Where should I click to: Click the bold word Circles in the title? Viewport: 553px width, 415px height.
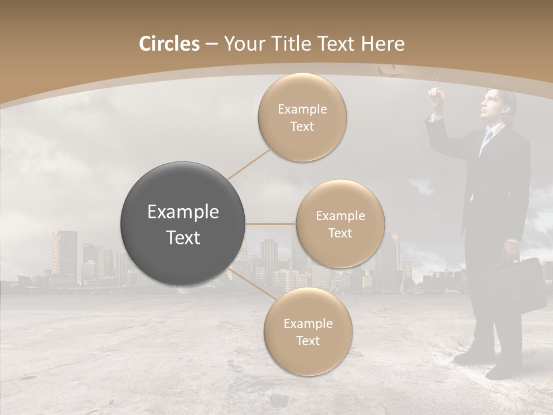pos(169,44)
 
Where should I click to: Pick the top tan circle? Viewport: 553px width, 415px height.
pos(302,118)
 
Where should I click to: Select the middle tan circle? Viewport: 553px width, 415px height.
pos(340,224)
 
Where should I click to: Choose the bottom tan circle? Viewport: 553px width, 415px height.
pos(308,332)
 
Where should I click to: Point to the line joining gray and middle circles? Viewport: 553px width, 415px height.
pos(271,224)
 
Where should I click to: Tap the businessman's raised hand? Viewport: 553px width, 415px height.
pos(437,92)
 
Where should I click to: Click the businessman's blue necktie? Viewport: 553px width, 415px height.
pos(486,139)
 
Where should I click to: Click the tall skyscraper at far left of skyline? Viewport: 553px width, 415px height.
pos(64,256)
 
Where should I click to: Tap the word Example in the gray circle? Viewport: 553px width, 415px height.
pos(183,212)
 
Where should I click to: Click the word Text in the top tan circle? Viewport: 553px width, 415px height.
pos(302,127)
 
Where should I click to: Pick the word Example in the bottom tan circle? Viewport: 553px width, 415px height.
pos(308,323)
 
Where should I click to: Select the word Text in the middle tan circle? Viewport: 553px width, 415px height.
pos(340,233)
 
